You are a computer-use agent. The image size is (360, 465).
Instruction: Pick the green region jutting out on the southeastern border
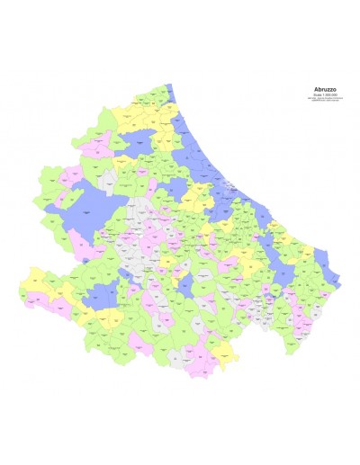[x=301, y=306]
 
